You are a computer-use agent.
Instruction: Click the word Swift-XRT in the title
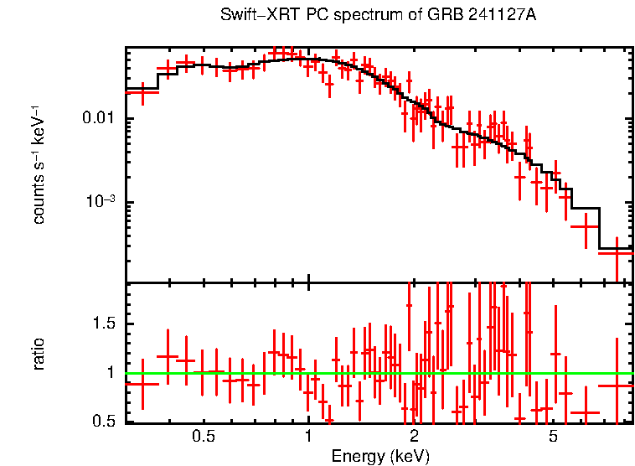253,15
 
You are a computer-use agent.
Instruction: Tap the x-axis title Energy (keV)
380,456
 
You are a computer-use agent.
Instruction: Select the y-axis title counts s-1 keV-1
39,164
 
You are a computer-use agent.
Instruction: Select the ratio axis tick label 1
113,373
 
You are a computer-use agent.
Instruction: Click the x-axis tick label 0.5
204,437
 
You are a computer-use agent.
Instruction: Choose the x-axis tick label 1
308,437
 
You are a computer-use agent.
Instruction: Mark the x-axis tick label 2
414,437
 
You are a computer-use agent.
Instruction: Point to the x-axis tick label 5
553,437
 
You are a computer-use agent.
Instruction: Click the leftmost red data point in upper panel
142,92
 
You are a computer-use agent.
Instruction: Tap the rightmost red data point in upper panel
617,251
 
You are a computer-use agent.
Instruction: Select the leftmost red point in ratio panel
142,383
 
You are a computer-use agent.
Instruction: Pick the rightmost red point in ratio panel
617,385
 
